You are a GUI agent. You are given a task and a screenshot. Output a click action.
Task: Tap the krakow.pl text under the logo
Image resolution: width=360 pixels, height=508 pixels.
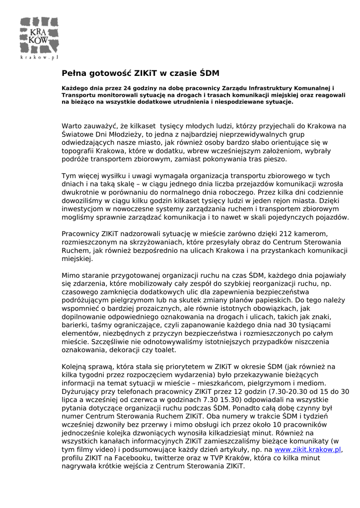point(40,58)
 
